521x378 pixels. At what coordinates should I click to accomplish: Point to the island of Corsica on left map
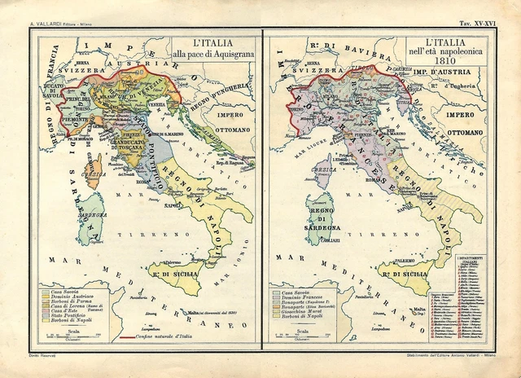[97, 176]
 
